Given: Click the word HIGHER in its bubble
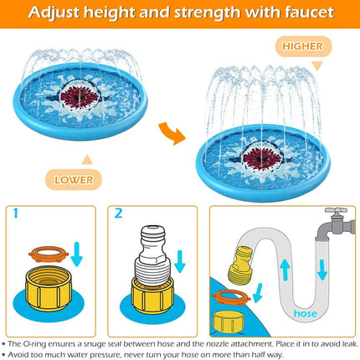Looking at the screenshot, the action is tap(302, 46).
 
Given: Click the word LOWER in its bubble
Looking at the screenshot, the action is tap(74, 180).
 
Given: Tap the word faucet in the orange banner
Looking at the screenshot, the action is tap(310, 13).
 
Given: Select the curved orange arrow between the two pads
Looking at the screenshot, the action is tap(172, 133).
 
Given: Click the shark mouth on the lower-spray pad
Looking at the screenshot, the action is tap(80, 96).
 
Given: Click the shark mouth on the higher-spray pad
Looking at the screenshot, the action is tap(262, 158).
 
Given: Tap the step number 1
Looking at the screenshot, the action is tap(16, 213).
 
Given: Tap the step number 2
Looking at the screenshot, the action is tap(118, 213).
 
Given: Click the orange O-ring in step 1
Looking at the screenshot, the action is tap(49, 254).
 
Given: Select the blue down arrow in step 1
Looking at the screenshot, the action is tap(77, 254).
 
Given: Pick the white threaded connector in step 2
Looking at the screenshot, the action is tap(152, 255).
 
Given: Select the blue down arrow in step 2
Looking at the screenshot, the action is tap(179, 262).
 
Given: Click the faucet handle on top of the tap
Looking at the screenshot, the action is tap(336, 211).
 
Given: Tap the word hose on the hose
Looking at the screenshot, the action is tap(306, 313).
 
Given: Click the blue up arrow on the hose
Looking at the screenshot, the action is tap(285, 270).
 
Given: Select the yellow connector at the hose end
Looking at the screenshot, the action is tap(240, 265).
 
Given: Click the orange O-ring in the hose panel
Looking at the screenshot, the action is tap(231, 297).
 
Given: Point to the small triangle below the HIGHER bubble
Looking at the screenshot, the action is tap(317, 66).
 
